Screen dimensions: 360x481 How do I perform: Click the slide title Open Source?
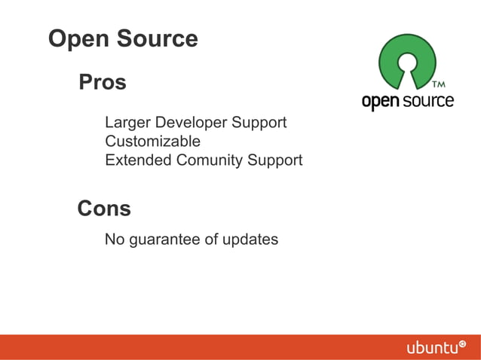click(x=123, y=39)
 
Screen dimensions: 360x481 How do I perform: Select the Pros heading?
click(x=103, y=82)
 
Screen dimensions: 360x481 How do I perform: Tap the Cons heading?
click(x=104, y=208)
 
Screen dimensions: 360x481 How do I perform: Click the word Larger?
click(x=127, y=123)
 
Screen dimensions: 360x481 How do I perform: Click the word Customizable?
click(x=152, y=141)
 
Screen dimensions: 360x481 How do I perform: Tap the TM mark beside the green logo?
click(x=437, y=84)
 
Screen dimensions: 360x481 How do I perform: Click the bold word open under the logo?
click(x=380, y=102)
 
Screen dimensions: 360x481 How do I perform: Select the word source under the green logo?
click(x=427, y=100)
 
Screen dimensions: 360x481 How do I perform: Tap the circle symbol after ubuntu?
click(x=462, y=343)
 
